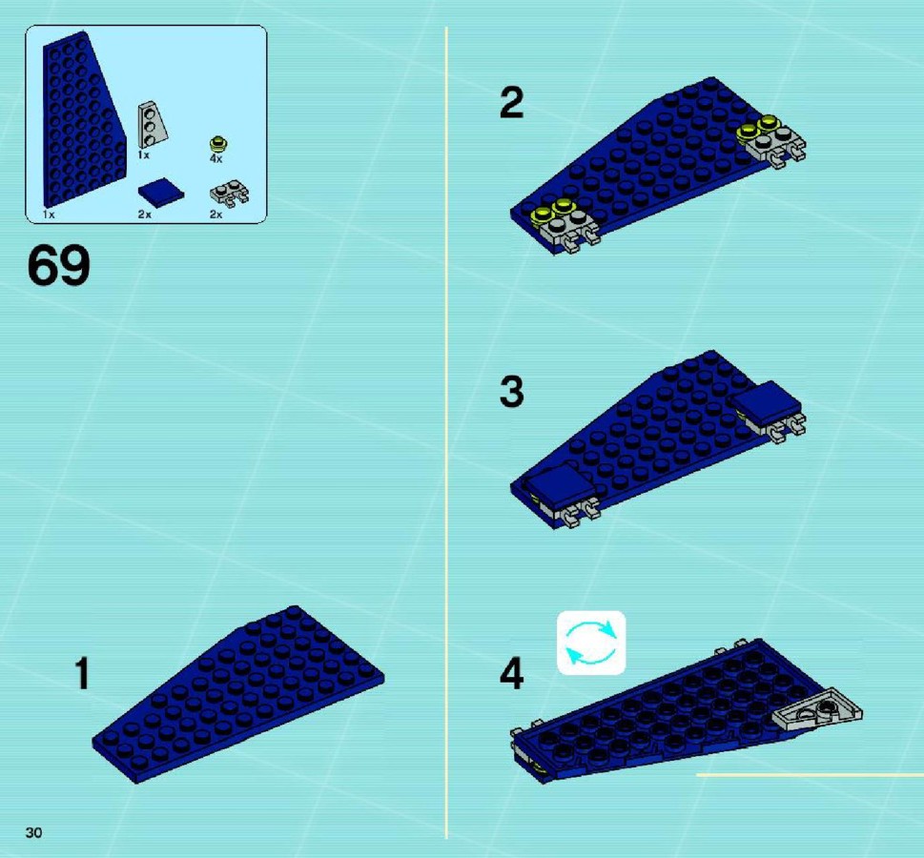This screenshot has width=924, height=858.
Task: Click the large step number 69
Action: click(x=59, y=265)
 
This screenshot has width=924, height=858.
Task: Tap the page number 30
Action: click(x=33, y=832)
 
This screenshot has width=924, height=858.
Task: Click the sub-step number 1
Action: click(x=82, y=674)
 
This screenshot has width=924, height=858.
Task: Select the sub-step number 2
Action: click(x=511, y=103)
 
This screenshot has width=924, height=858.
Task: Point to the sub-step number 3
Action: click(x=511, y=392)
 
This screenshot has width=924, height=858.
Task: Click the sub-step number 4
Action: click(x=511, y=674)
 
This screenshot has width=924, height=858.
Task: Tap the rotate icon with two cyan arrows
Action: click(x=591, y=643)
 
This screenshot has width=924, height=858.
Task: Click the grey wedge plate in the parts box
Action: click(x=152, y=124)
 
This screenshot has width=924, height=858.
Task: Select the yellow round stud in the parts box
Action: click(x=218, y=144)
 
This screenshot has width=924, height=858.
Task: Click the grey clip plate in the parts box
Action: click(x=230, y=194)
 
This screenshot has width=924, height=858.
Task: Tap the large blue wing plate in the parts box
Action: click(x=83, y=118)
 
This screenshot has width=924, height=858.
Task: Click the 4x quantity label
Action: click(x=216, y=158)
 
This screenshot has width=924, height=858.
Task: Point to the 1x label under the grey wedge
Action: click(x=143, y=155)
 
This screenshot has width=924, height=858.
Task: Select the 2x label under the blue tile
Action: click(x=144, y=214)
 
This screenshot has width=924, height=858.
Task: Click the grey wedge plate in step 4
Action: click(x=818, y=709)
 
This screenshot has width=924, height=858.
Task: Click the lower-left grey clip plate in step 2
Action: click(x=569, y=230)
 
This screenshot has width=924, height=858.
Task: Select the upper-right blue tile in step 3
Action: click(x=766, y=402)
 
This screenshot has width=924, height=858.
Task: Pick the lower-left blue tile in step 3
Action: click(x=560, y=485)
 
